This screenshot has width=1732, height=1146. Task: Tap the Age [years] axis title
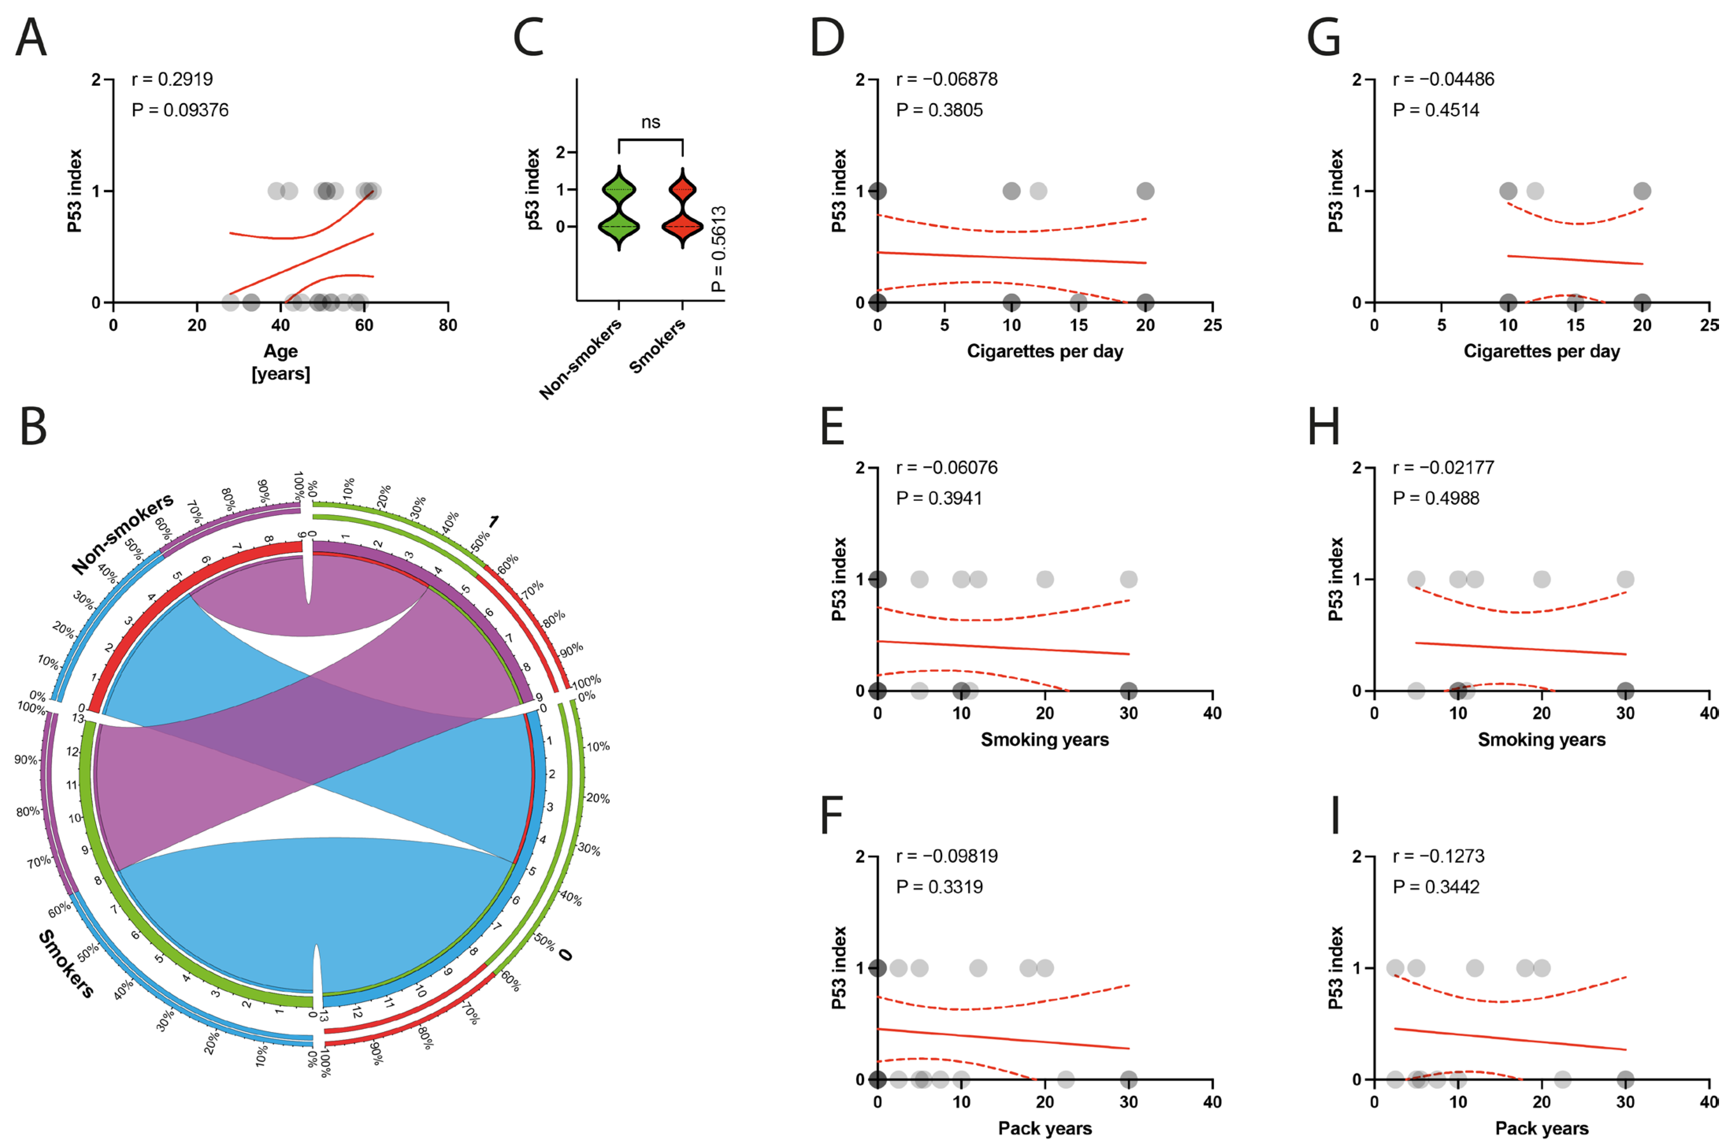[x=281, y=362]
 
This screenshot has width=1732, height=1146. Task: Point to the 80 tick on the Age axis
[x=447, y=325]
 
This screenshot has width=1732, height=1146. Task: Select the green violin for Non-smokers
[x=618, y=208]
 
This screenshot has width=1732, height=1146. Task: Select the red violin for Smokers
[x=682, y=208]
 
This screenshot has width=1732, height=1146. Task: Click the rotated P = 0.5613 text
[x=719, y=248]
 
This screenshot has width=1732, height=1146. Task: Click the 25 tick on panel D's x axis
[x=1211, y=325]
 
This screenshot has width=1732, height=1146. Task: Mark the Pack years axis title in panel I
[x=1541, y=1128]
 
